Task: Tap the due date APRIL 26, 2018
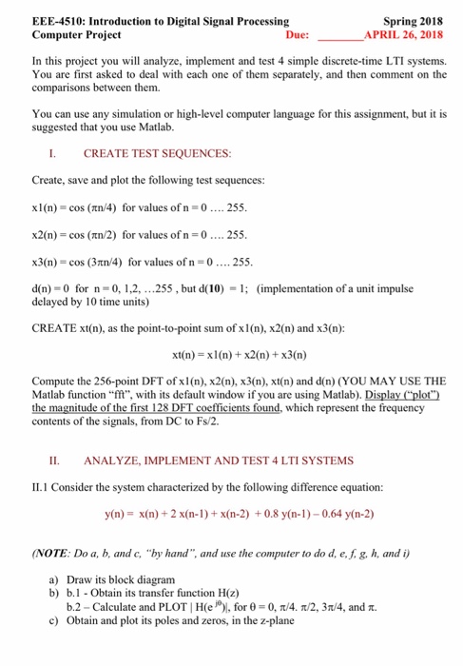404,34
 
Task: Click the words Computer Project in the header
76,34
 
